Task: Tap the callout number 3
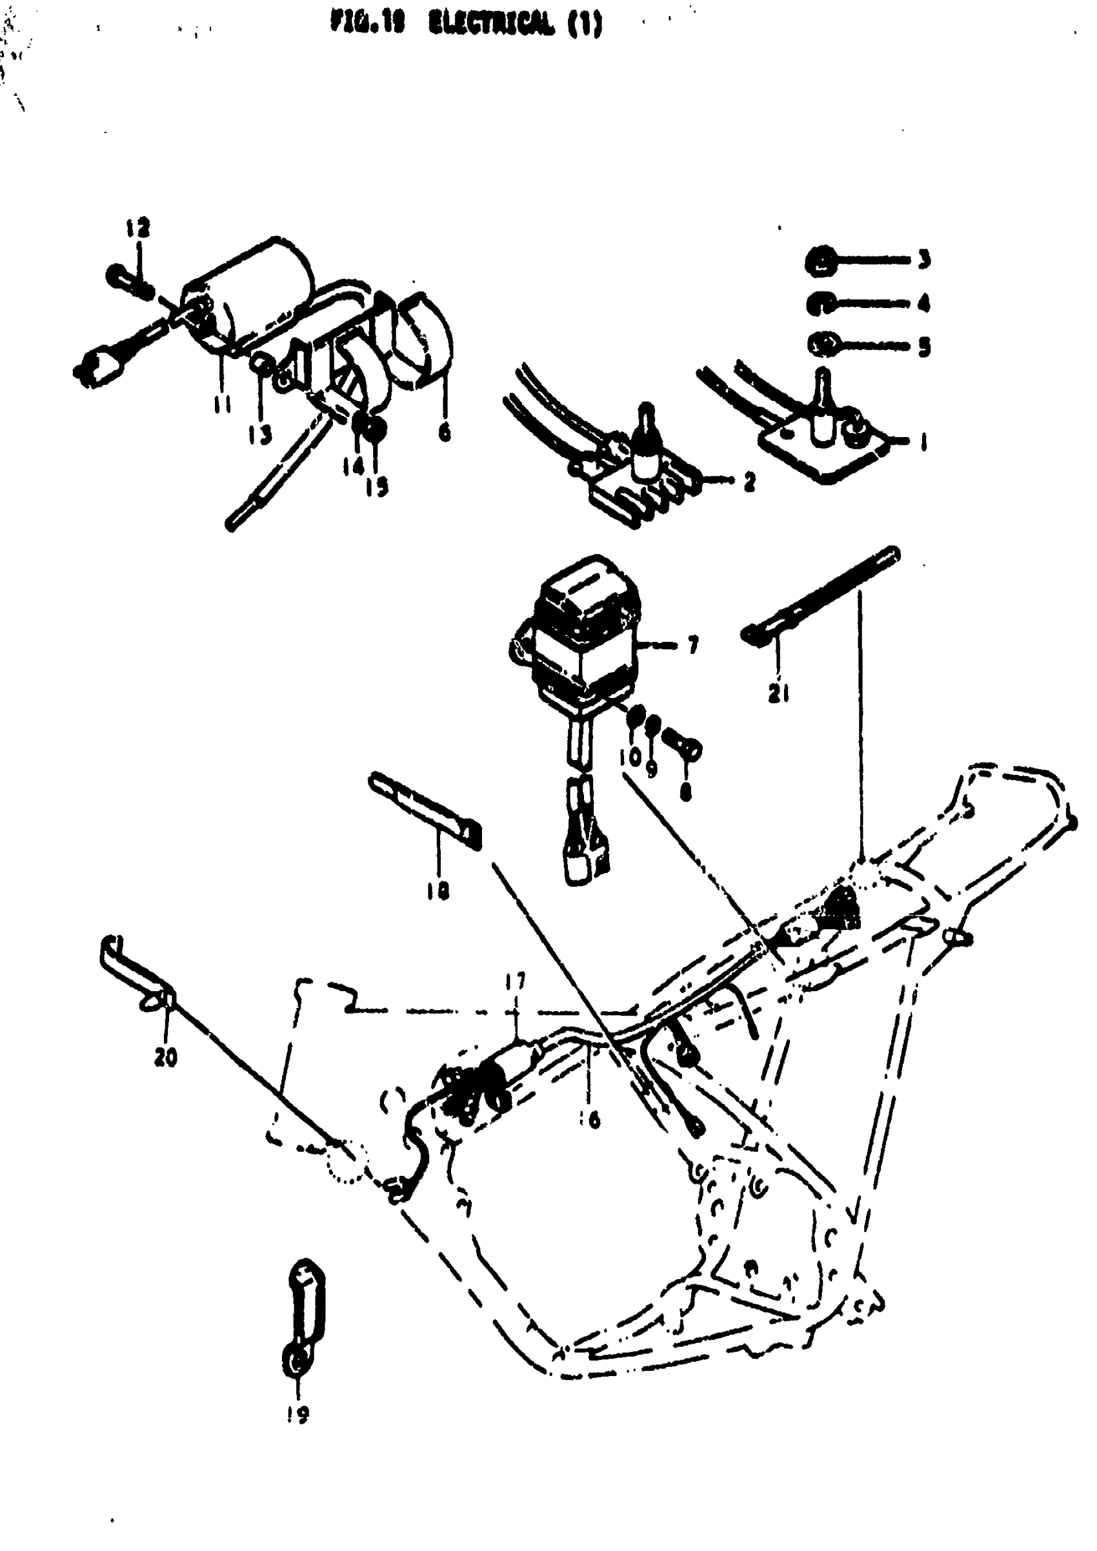(x=924, y=259)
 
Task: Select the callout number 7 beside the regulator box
(x=692, y=646)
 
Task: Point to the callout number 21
(x=779, y=693)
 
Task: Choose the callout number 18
(x=438, y=892)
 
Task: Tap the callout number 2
(x=749, y=482)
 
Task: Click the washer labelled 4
(x=819, y=303)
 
